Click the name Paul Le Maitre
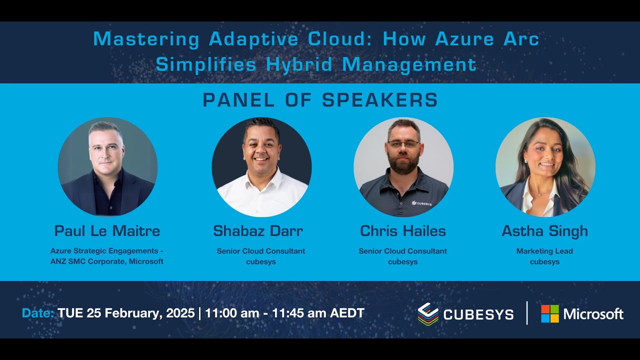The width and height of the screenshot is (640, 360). (x=107, y=231)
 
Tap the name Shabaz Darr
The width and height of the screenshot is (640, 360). (x=258, y=231)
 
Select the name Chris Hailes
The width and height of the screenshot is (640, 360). (x=403, y=231)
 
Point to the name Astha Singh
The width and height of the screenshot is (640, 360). (x=544, y=231)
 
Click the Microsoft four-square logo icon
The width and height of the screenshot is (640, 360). (x=549, y=313)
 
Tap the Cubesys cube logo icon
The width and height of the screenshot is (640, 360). (x=428, y=314)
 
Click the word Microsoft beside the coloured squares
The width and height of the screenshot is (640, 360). (x=593, y=314)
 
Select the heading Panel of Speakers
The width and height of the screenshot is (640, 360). (x=320, y=100)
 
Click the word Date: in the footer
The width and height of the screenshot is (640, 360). (x=38, y=313)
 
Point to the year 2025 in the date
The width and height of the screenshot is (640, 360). (x=179, y=313)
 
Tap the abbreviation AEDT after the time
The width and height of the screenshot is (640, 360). (x=347, y=313)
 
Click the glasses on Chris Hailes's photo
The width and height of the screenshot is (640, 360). (x=403, y=144)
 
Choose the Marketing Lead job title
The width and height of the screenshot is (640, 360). (x=544, y=251)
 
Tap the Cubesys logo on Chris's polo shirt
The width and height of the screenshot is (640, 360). (x=421, y=203)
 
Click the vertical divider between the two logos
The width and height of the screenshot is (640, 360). (x=527, y=313)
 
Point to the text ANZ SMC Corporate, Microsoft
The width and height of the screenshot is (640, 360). (x=107, y=261)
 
